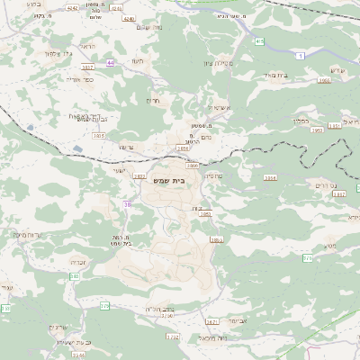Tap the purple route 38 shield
(x=127, y=205)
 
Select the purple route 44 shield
(x=111, y=63)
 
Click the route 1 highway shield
(x=300, y=57)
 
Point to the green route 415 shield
(x=259, y=41)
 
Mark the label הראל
(x=85, y=45)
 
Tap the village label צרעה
(x=126, y=147)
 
